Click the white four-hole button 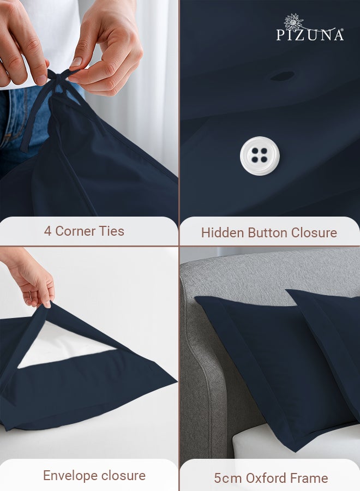pos(260,155)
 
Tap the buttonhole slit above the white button pos(282,76)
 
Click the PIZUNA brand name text pos(310,35)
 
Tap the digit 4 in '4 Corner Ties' pos(48,231)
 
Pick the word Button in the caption pos(268,233)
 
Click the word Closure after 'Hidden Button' pos(314,233)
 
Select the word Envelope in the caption pos(69,476)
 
